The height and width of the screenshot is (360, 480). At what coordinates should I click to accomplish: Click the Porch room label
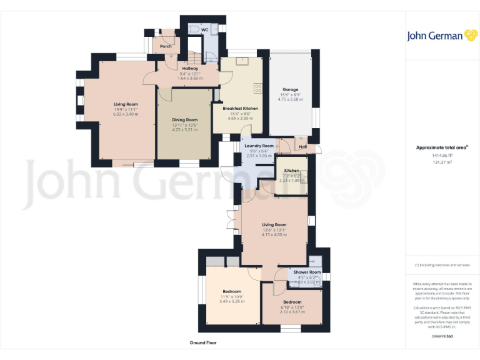(x=166, y=46)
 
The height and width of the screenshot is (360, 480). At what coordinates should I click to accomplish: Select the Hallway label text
(x=190, y=68)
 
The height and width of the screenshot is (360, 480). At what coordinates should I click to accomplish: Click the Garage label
(x=289, y=89)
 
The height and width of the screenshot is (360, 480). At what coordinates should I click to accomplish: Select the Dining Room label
(x=185, y=119)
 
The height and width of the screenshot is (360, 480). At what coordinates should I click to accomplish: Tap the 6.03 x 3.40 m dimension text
(x=125, y=114)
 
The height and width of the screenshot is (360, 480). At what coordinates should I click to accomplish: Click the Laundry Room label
(x=259, y=146)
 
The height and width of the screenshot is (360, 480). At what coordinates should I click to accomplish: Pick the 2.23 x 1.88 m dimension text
(x=292, y=180)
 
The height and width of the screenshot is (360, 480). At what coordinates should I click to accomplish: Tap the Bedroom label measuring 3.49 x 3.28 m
(x=231, y=291)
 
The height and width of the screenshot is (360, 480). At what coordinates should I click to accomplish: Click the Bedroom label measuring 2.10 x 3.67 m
(x=292, y=302)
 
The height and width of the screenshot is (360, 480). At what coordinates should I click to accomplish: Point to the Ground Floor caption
(x=203, y=343)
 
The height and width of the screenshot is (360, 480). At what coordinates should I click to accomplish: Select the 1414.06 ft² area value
(x=442, y=155)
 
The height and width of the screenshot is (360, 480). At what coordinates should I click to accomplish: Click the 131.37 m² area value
(x=442, y=162)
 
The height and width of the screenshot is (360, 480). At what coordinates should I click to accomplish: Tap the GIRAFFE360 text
(x=442, y=336)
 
